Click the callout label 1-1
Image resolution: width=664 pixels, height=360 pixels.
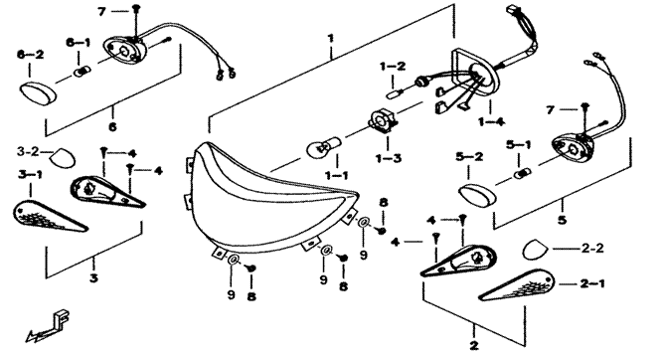pos(337,175)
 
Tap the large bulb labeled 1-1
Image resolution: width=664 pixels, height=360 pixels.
pos(324,146)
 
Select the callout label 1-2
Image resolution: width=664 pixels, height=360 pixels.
pos(392,66)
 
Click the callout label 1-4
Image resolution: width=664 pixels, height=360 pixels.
pos(492,122)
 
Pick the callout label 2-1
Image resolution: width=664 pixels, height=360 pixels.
pos(592,283)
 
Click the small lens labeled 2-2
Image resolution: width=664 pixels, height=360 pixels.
pos(536,250)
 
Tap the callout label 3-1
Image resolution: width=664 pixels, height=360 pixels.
pos(30,174)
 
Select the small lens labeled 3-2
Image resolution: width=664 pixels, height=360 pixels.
pos(63,157)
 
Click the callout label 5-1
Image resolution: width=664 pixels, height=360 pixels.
pos(518,145)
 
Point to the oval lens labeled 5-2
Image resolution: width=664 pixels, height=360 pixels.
pos(478,193)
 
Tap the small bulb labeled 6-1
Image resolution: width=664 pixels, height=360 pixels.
pos(83,72)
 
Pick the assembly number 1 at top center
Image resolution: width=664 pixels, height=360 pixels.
pos(330,39)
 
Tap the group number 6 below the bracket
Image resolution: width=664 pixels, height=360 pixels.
pos(112,126)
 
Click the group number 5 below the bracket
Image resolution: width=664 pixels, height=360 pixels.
pos(562,220)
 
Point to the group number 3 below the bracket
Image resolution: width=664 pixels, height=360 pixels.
pos(93,278)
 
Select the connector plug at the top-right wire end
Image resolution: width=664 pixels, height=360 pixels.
pos(512,9)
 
